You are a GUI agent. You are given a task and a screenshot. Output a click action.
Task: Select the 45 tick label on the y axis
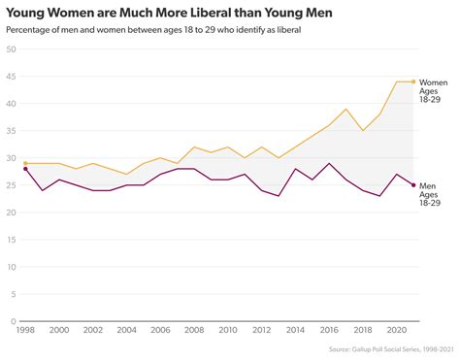pos(12,77)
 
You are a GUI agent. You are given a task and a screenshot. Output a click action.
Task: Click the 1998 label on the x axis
pos(25,330)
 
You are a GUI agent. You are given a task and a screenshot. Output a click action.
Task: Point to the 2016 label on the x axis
pos(329,330)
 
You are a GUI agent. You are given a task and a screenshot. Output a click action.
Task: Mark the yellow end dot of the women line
pos(414,82)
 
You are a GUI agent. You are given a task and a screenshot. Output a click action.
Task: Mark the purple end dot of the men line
pos(414,185)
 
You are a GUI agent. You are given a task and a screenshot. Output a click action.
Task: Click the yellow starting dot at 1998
pos(25,163)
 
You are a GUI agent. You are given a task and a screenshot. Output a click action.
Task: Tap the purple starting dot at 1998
pos(25,169)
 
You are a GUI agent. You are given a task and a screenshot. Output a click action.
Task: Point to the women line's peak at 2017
pos(346,109)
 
